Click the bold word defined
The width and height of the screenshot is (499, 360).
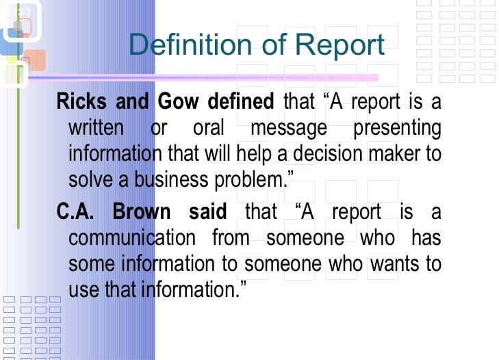(x=241, y=102)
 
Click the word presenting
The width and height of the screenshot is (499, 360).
(x=397, y=128)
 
